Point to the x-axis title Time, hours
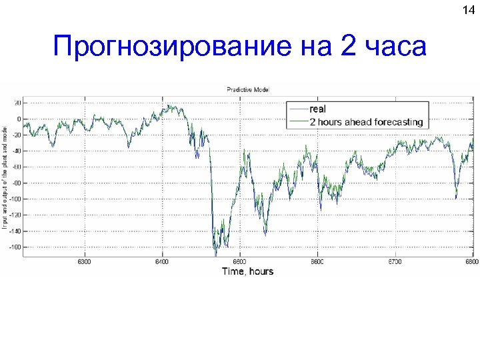coord(247,271)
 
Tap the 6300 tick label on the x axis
coord(85,263)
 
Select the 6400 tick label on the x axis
coord(162,263)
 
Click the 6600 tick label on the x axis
coord(317,263)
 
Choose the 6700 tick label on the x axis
coord(394,263)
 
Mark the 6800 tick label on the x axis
coord(471,263)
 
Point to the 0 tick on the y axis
coord(19,119)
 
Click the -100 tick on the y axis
coord(15,199)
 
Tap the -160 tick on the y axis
coord(15,247)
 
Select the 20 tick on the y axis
coord(17,103)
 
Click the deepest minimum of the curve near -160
coord(215,254)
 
